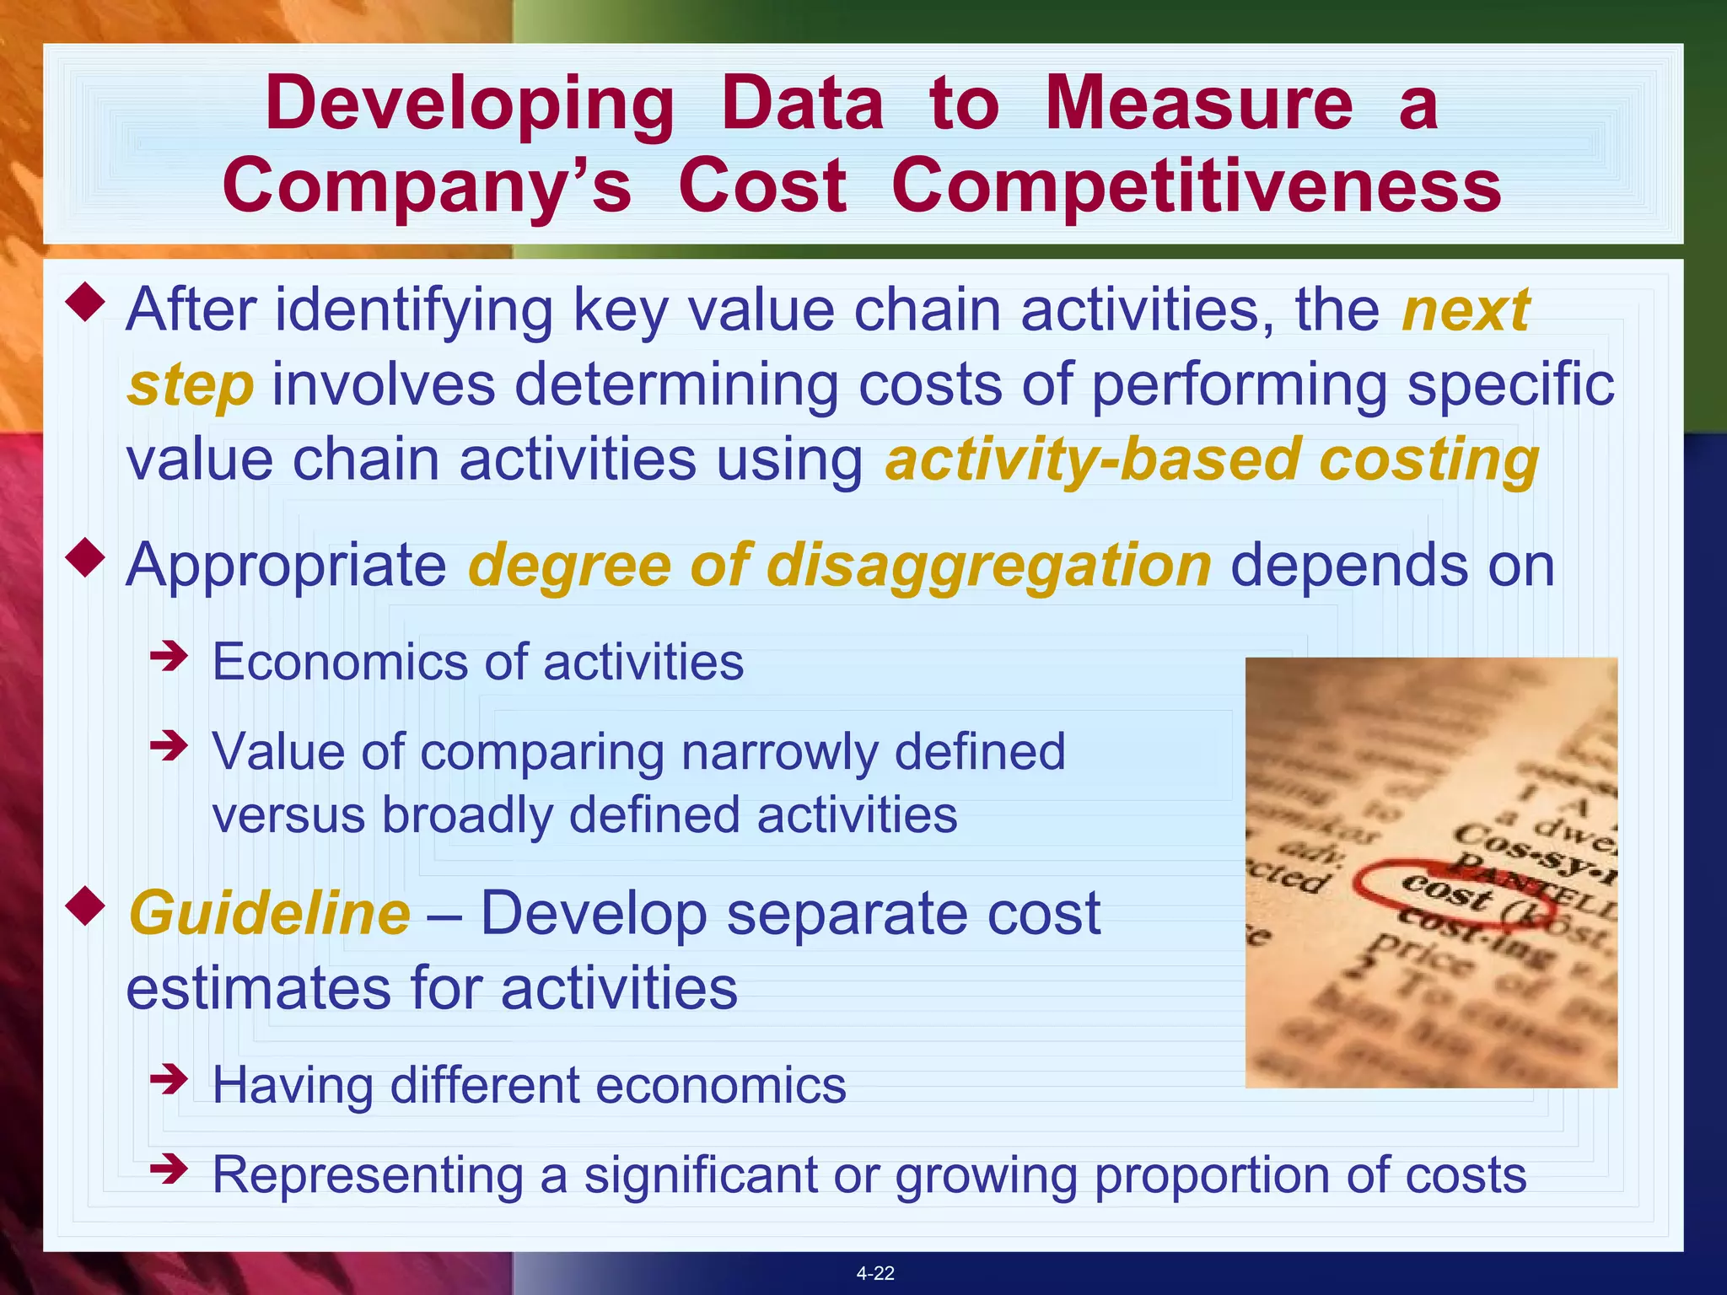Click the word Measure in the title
[1198, 104]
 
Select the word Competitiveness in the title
[1196, 186]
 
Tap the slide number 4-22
[874, 1273]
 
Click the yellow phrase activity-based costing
[1212, 461]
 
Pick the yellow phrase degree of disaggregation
[840, 566]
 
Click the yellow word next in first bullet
[1466, 310]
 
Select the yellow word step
[191, 385]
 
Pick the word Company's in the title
[427, 186]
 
